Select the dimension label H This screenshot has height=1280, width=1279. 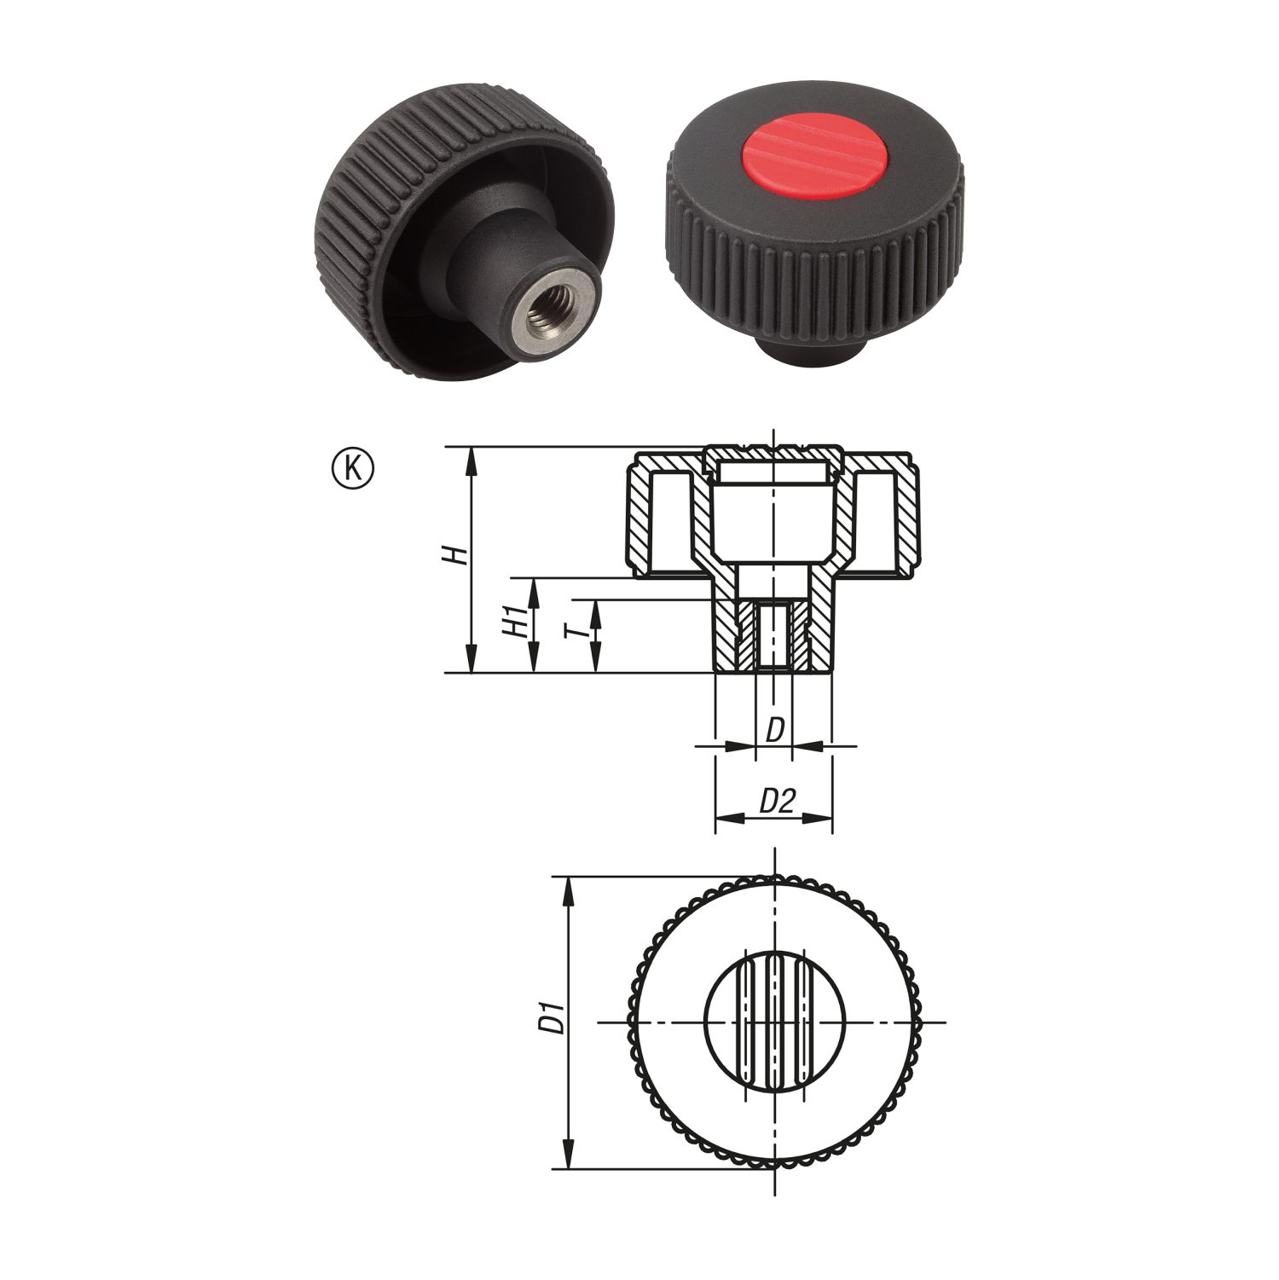click(459, 555)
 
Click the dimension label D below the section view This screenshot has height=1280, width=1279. click(774, 730)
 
